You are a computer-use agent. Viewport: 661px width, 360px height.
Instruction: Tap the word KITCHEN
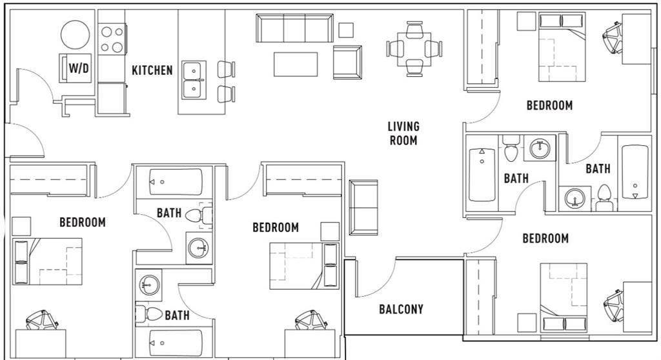point(152,70)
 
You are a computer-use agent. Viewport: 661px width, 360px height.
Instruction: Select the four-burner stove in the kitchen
point(112,39)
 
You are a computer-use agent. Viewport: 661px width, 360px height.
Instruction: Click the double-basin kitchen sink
point(193,80)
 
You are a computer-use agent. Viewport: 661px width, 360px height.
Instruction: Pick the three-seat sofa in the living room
point(294,28)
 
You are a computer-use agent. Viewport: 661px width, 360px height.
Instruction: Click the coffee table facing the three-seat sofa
point(296,65)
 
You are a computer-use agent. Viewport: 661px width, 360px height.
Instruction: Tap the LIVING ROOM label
point(403,134)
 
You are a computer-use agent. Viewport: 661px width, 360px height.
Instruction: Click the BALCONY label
point(401,309)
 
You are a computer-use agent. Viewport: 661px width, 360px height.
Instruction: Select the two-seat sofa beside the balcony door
point(363,208)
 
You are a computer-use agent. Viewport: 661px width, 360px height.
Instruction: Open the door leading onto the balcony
point(381,277)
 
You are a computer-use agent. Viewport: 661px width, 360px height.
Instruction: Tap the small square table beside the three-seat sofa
point(346,30)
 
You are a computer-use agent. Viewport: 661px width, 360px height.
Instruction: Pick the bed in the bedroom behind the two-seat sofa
point(304,265)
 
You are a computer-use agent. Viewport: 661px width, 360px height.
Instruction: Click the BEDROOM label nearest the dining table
point(549,105)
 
